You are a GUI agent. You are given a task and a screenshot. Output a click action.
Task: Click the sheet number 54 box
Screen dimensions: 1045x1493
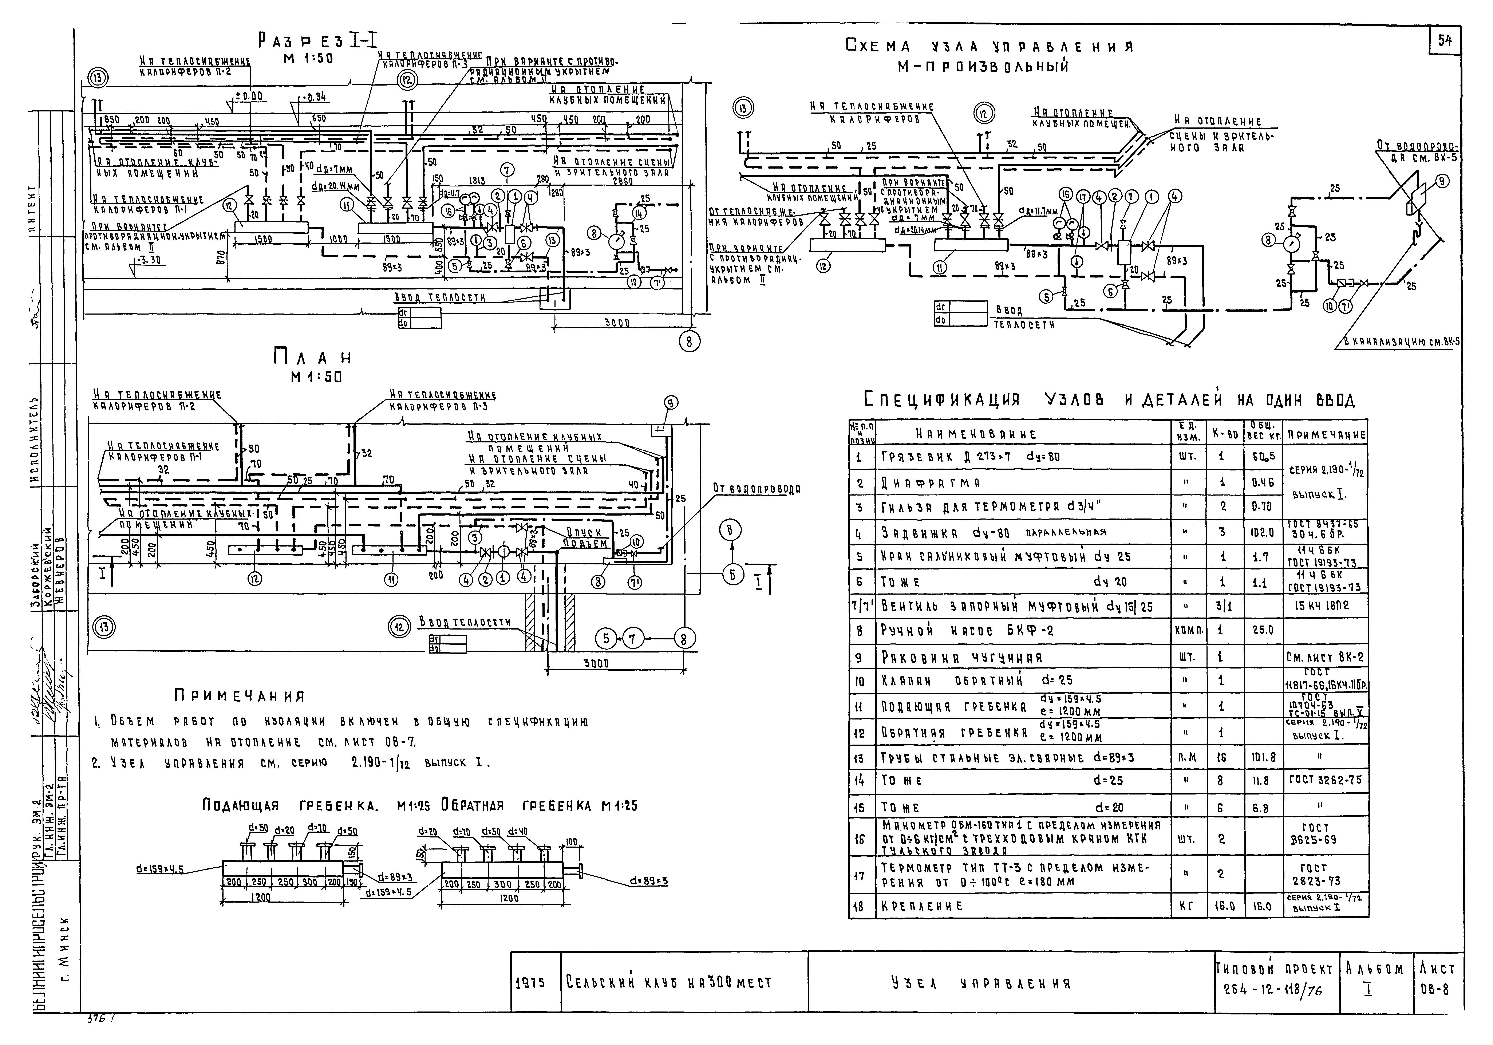click(1445, 40)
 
